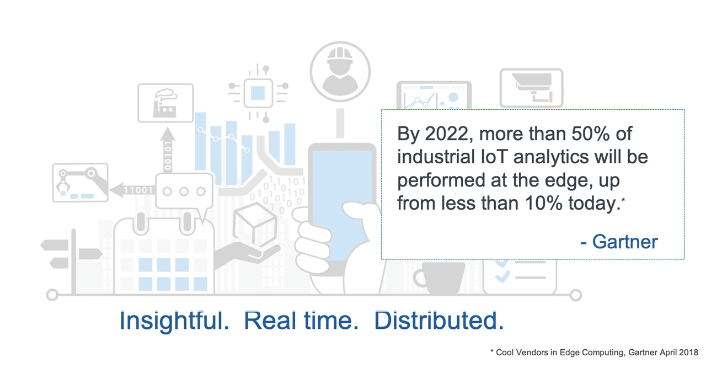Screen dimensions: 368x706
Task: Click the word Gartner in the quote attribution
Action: point(624,242)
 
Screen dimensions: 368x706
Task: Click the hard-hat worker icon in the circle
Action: point(340,72)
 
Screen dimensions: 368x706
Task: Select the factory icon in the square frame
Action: point(165,103)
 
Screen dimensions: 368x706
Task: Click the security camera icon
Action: point(531,88)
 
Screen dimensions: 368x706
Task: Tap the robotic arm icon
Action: point(80,183)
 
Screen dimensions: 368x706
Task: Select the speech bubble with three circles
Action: point(184,192)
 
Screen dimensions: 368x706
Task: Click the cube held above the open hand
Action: point(254,226)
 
